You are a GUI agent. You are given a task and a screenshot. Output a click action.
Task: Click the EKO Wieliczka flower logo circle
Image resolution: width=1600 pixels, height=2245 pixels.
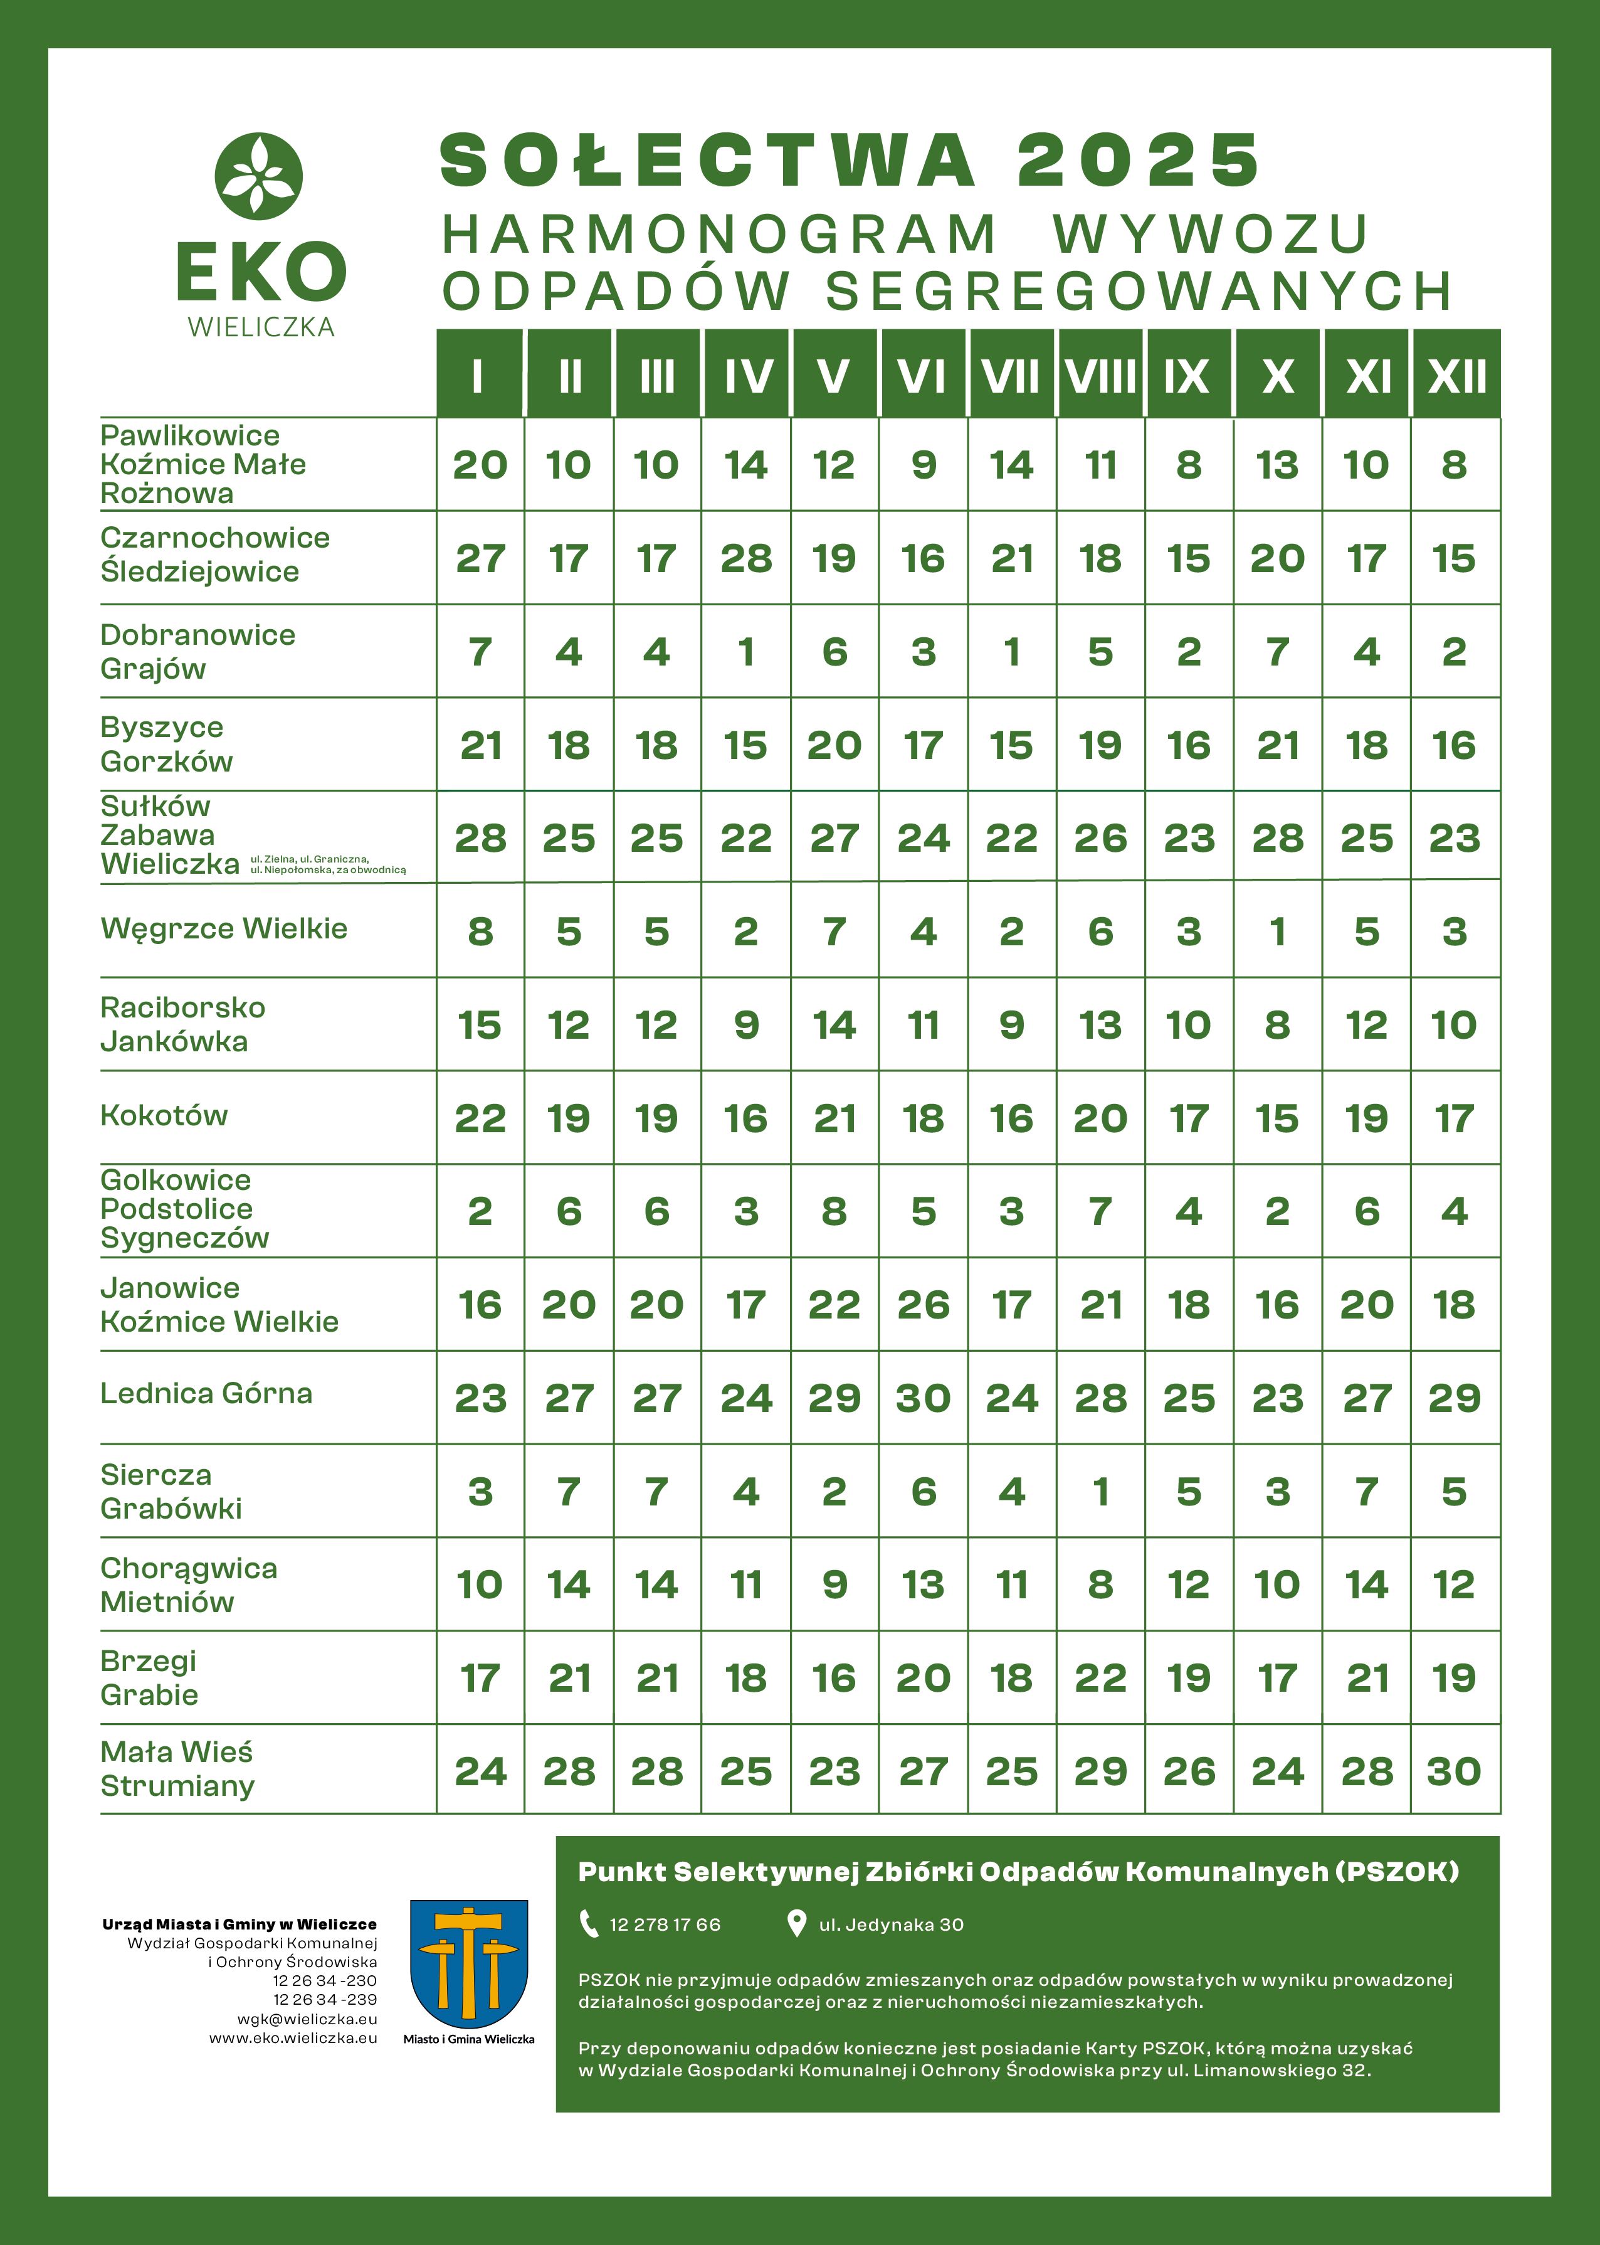point(259,176)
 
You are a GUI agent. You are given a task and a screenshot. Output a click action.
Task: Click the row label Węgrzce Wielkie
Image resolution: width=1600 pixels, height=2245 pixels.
point(224,928)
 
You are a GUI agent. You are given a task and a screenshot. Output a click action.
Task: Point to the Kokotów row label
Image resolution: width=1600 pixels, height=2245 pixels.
point(164,1116)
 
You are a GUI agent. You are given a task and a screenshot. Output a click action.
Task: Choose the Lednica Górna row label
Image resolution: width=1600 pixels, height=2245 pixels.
point(206,1394)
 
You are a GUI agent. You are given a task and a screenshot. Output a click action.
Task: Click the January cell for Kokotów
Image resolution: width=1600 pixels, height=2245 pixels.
point(480,1118)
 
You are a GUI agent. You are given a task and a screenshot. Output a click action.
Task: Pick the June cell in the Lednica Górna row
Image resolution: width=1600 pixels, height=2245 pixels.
point(923,1398)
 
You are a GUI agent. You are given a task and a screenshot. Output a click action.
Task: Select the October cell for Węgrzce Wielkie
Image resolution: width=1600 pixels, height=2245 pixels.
point(1278,931)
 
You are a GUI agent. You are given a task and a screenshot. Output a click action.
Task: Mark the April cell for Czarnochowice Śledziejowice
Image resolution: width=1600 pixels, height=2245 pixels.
point(746,559)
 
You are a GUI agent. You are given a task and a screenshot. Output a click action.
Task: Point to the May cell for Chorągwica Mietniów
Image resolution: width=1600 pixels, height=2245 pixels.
point(834,1584)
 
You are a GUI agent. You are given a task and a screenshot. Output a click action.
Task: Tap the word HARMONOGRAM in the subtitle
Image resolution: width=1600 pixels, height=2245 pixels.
point(719,235)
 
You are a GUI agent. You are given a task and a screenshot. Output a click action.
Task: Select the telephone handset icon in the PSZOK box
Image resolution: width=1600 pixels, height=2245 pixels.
point(589,1924)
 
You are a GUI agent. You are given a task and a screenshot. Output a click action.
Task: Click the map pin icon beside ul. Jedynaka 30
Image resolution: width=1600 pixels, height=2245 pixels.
point(797,1923)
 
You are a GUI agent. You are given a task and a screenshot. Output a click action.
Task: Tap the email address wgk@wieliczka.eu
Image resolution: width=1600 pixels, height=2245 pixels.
point(307,2019)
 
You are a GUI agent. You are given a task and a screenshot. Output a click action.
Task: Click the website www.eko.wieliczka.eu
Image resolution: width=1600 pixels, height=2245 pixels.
point(293,2038)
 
